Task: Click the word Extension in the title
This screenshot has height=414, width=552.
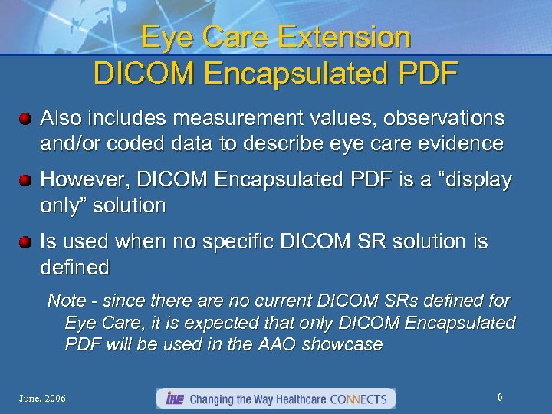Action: pyautogui.click(x=335, y=37)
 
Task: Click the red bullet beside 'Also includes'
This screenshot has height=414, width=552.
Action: pyautogui.click(x=26, y=120)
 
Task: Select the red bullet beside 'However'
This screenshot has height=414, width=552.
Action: pyautogui.click(x=26, y=181)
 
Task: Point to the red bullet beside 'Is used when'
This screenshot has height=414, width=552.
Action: pyautogui.click(x=26, y=243)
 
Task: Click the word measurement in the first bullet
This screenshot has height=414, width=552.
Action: pyautogui.click(x=242, y=118)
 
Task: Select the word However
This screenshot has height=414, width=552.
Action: pyautogui.click(x=75, y=179)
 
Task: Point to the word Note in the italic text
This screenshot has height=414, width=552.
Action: pyautogui.click(x=65, y=301)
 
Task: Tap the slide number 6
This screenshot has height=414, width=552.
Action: pyautogui.click(x=500, y=397)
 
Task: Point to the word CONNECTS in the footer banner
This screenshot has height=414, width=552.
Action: pyautogui.click(x=360, y=399)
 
